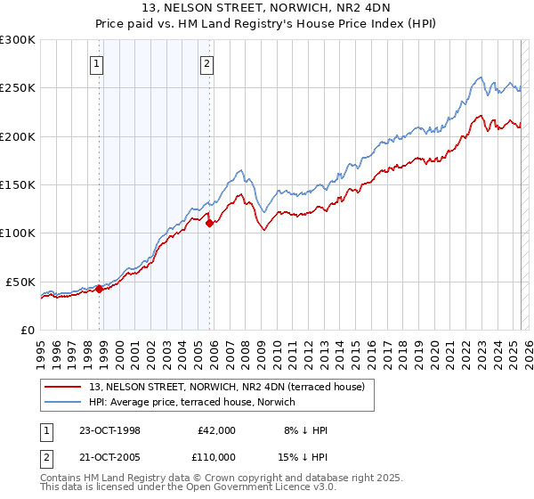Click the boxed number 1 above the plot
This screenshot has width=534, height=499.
coord(96,63)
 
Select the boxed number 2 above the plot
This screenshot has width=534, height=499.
coord(206,63)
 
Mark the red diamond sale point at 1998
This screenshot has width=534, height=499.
coord(100,289)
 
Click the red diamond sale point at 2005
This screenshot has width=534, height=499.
coord(210,224)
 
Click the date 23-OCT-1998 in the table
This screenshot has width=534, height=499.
coord(110,430)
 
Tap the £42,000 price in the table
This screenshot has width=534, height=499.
coord(216,430)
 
